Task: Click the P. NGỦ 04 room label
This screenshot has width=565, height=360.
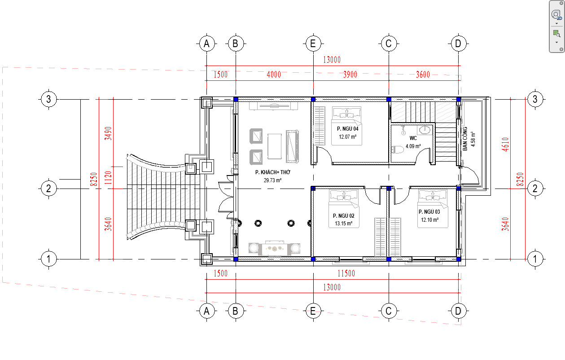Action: tap(348, 129)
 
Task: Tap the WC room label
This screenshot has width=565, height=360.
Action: tap(413, 138)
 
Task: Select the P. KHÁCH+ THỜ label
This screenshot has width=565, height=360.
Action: tap(273, 172)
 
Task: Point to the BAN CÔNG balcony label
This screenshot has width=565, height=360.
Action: tap(465, 139)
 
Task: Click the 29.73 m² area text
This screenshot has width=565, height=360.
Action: tap(272, 180)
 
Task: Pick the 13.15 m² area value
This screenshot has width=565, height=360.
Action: tap(344, 224)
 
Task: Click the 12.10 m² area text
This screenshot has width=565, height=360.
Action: tap(430, 220)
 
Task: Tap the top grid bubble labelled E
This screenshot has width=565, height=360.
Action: tap(313, 44)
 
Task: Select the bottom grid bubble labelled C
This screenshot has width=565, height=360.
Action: tap(389, 311)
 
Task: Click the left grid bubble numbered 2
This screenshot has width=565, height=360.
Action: tap(48, 189)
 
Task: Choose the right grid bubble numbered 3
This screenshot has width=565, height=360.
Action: tap(535, 99)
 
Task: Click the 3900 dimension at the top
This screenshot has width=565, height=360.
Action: tap(350, 75)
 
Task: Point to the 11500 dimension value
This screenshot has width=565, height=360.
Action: tap(346, 273)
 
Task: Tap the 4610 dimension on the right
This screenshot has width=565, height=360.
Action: tap(505, 144)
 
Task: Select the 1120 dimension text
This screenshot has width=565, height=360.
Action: tap(108, 178)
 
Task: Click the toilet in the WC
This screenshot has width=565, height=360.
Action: tap(397, 149)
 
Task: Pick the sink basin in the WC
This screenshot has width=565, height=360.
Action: tap(425, 130)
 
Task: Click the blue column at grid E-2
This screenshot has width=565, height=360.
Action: tap(313, 189)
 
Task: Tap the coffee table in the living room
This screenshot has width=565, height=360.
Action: tap(275, 147)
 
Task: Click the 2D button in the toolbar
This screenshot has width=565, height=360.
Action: tap(556, 15)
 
